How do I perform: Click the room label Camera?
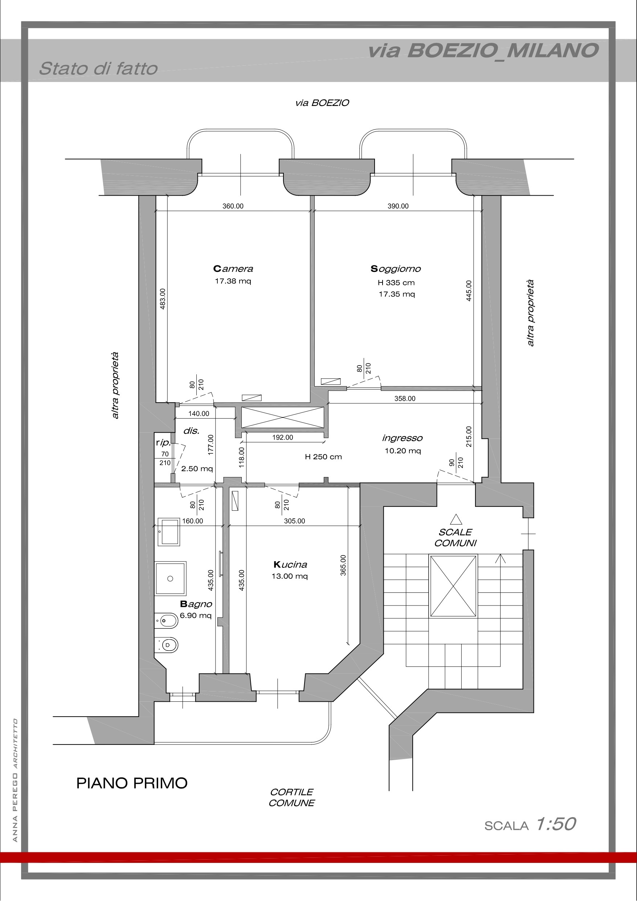[233, 269]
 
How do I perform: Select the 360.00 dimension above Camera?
[233, 206]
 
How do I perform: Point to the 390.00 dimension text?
[398, 206]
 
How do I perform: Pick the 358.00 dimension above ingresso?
[405, 398]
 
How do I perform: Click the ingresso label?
[402, 438]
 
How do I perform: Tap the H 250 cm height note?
[323, 457]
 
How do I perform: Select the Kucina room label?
[290, 565]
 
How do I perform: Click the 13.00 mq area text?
[290, 576]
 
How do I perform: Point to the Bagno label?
[196, 604]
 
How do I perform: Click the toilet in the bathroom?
[167, 644]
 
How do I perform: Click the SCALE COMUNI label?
[455, 538]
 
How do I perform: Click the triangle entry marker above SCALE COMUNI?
[456, 519]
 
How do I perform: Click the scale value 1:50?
[556, 824]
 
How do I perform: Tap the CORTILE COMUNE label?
[291, 798]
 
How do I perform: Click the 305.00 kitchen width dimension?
[294, 521]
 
